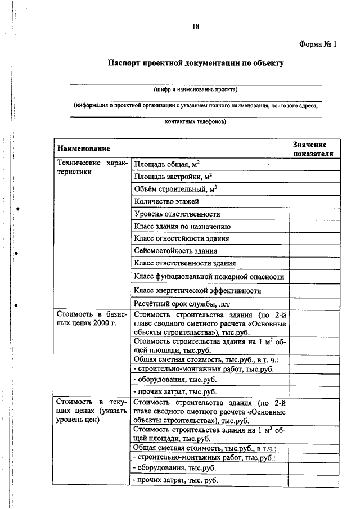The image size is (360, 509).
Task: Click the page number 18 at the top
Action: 196,26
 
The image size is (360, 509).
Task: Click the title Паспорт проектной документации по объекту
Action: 196,63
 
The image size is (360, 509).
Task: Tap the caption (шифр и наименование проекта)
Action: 196,89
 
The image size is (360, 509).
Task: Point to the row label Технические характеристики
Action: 91,168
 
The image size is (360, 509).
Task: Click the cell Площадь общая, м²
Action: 167,164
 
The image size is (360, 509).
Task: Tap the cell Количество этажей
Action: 166,201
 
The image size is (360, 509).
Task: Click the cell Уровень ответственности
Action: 177,214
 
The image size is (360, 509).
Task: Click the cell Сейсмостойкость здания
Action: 175,251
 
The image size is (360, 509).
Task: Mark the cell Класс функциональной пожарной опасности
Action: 209,277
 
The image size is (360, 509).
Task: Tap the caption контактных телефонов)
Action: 196,121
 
